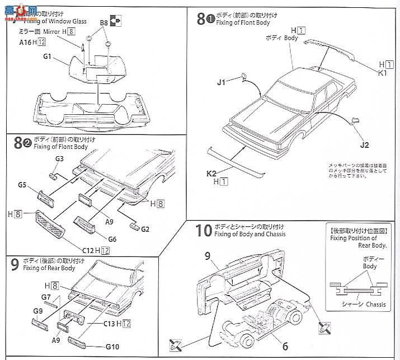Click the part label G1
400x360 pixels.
point(46,57)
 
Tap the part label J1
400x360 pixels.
point(222,82)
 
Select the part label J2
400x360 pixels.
point(365,146)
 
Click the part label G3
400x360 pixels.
point(60,159)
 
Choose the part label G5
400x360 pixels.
point(23,183)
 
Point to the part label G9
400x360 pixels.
point(38,311)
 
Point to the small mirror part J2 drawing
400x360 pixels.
point(354,120)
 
